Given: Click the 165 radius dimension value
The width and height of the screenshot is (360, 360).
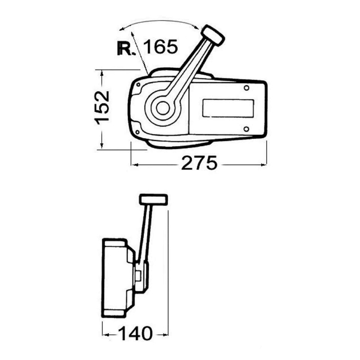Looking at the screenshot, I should pos(160,47).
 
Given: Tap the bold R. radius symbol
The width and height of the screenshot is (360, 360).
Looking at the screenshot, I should pos(125,49).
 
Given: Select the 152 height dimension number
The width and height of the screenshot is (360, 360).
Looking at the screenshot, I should pos(102,107).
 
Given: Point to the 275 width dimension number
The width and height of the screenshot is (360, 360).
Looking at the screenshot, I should pos(199,163).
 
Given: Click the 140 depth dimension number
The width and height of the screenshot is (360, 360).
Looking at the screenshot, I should pos(135,333).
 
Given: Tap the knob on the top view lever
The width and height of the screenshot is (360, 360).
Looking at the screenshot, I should pos(213,36).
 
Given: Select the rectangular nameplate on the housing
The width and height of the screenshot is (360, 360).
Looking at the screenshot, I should pos(228,108).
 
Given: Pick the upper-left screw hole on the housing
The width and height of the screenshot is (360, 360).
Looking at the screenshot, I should pos(139,85).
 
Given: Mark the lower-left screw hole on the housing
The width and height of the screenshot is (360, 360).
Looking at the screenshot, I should pos(138,132).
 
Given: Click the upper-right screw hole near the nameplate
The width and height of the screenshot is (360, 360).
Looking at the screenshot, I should pos(246,88).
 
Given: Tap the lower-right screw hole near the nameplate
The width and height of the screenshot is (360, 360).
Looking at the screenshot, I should pos(246,129).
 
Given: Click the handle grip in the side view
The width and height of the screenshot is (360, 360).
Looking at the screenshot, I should pos(153,199).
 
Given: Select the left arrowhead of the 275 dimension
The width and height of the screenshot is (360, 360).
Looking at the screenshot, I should pos(134,164).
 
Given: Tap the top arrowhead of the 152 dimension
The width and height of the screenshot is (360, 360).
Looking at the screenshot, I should pos(102,73).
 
